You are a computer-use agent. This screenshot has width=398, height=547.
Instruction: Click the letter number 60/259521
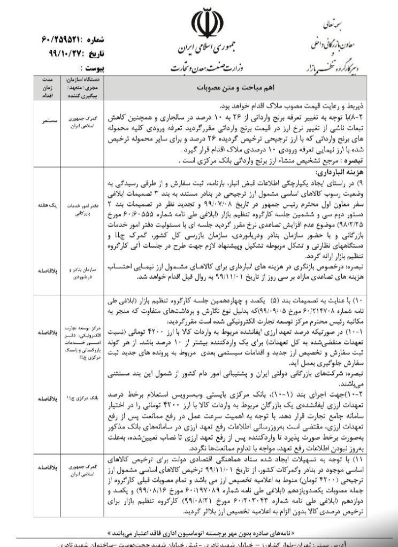[x=68, y=41]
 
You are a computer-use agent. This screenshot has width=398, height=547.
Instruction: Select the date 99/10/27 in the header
[x=67, y=54]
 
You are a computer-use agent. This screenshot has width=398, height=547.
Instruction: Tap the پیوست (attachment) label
[x=90, y=68]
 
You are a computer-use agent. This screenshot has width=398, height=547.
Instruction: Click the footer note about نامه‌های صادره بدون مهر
[x=200, y=533]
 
